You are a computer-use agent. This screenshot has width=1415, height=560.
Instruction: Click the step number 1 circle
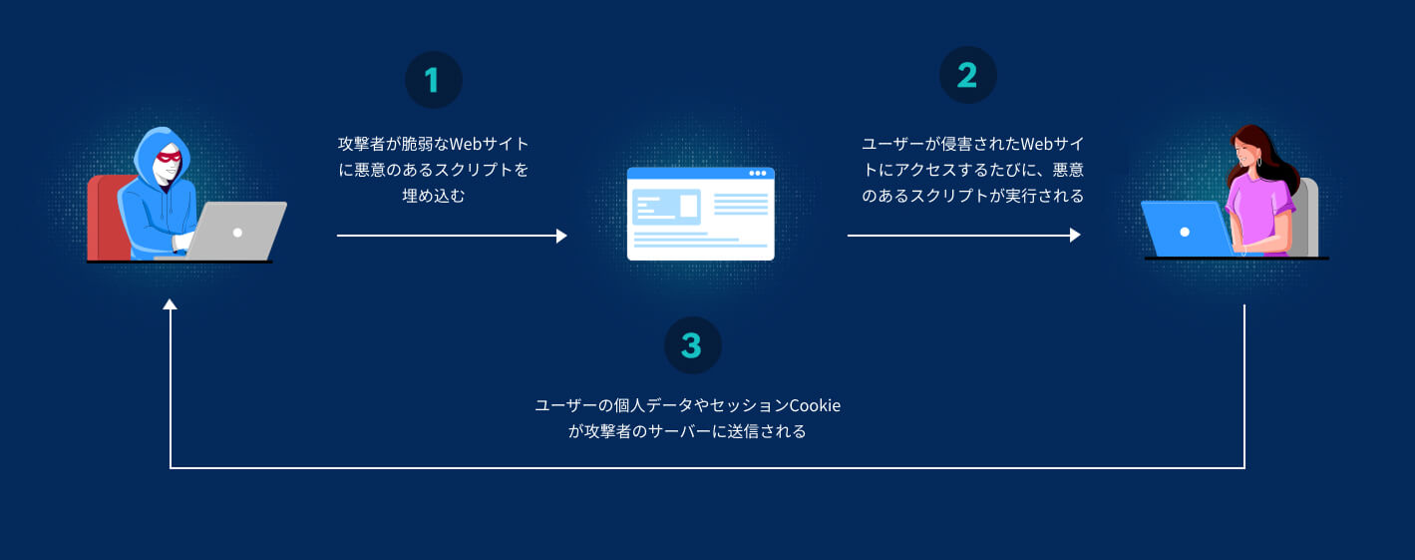(x=434, y=80)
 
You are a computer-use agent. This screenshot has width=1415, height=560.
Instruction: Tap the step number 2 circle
(x=967, y=75)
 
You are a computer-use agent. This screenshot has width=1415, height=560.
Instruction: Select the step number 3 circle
(x=692, y=345)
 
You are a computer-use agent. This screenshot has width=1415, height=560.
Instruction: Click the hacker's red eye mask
(x=170, y=156)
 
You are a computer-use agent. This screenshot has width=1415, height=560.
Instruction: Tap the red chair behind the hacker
(x=109, y=218)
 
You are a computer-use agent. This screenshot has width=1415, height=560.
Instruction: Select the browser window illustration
(x=701, y=214)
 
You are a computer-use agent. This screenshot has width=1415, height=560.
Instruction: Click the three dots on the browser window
(x=758, y=173)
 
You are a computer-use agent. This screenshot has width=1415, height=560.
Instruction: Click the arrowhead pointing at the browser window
(x=561, y=236)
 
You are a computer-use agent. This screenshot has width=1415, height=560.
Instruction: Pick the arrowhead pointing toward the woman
(x=1075, y=236)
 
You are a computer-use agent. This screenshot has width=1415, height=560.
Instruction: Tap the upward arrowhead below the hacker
(x=170, y=304)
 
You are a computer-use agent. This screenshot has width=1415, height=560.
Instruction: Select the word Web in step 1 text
(x=466, y=144)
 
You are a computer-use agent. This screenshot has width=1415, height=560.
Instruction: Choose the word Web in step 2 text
(x=1037, y=144)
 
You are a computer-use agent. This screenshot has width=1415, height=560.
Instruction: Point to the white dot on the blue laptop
(x=1185, y=232)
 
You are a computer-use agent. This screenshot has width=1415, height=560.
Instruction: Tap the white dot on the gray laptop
(x=237, y=233)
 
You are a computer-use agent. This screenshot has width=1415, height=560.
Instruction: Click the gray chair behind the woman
(x=1304, y=218)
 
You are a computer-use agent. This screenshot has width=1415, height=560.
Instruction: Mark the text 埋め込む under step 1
(x=434, y=196)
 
